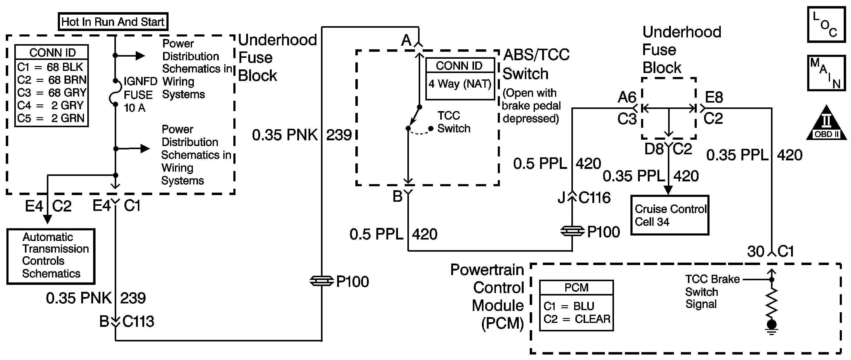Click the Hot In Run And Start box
113,22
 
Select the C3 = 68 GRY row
51,93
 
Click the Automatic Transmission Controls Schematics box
51,256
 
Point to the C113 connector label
138,321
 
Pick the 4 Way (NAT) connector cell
460,84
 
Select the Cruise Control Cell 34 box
670,215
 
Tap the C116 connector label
594,198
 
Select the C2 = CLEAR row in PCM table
577,319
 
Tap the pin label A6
627,97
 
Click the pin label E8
713,97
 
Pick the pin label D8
654,149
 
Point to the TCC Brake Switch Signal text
712,292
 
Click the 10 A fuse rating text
134,108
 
